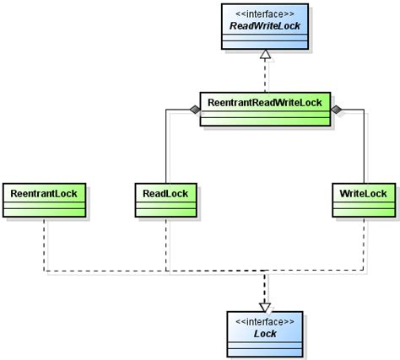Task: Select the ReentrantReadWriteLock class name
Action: [266, 100]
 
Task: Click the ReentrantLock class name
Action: [43, 193]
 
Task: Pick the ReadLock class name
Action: [165, 193]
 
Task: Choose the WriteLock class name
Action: [365, 193]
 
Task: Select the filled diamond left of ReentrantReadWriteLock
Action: [193, 110]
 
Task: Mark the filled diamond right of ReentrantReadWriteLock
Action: [338, 110]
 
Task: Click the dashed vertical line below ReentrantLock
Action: [43, 244]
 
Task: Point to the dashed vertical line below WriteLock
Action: [365, 244]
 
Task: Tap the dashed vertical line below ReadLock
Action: [165, 244]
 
